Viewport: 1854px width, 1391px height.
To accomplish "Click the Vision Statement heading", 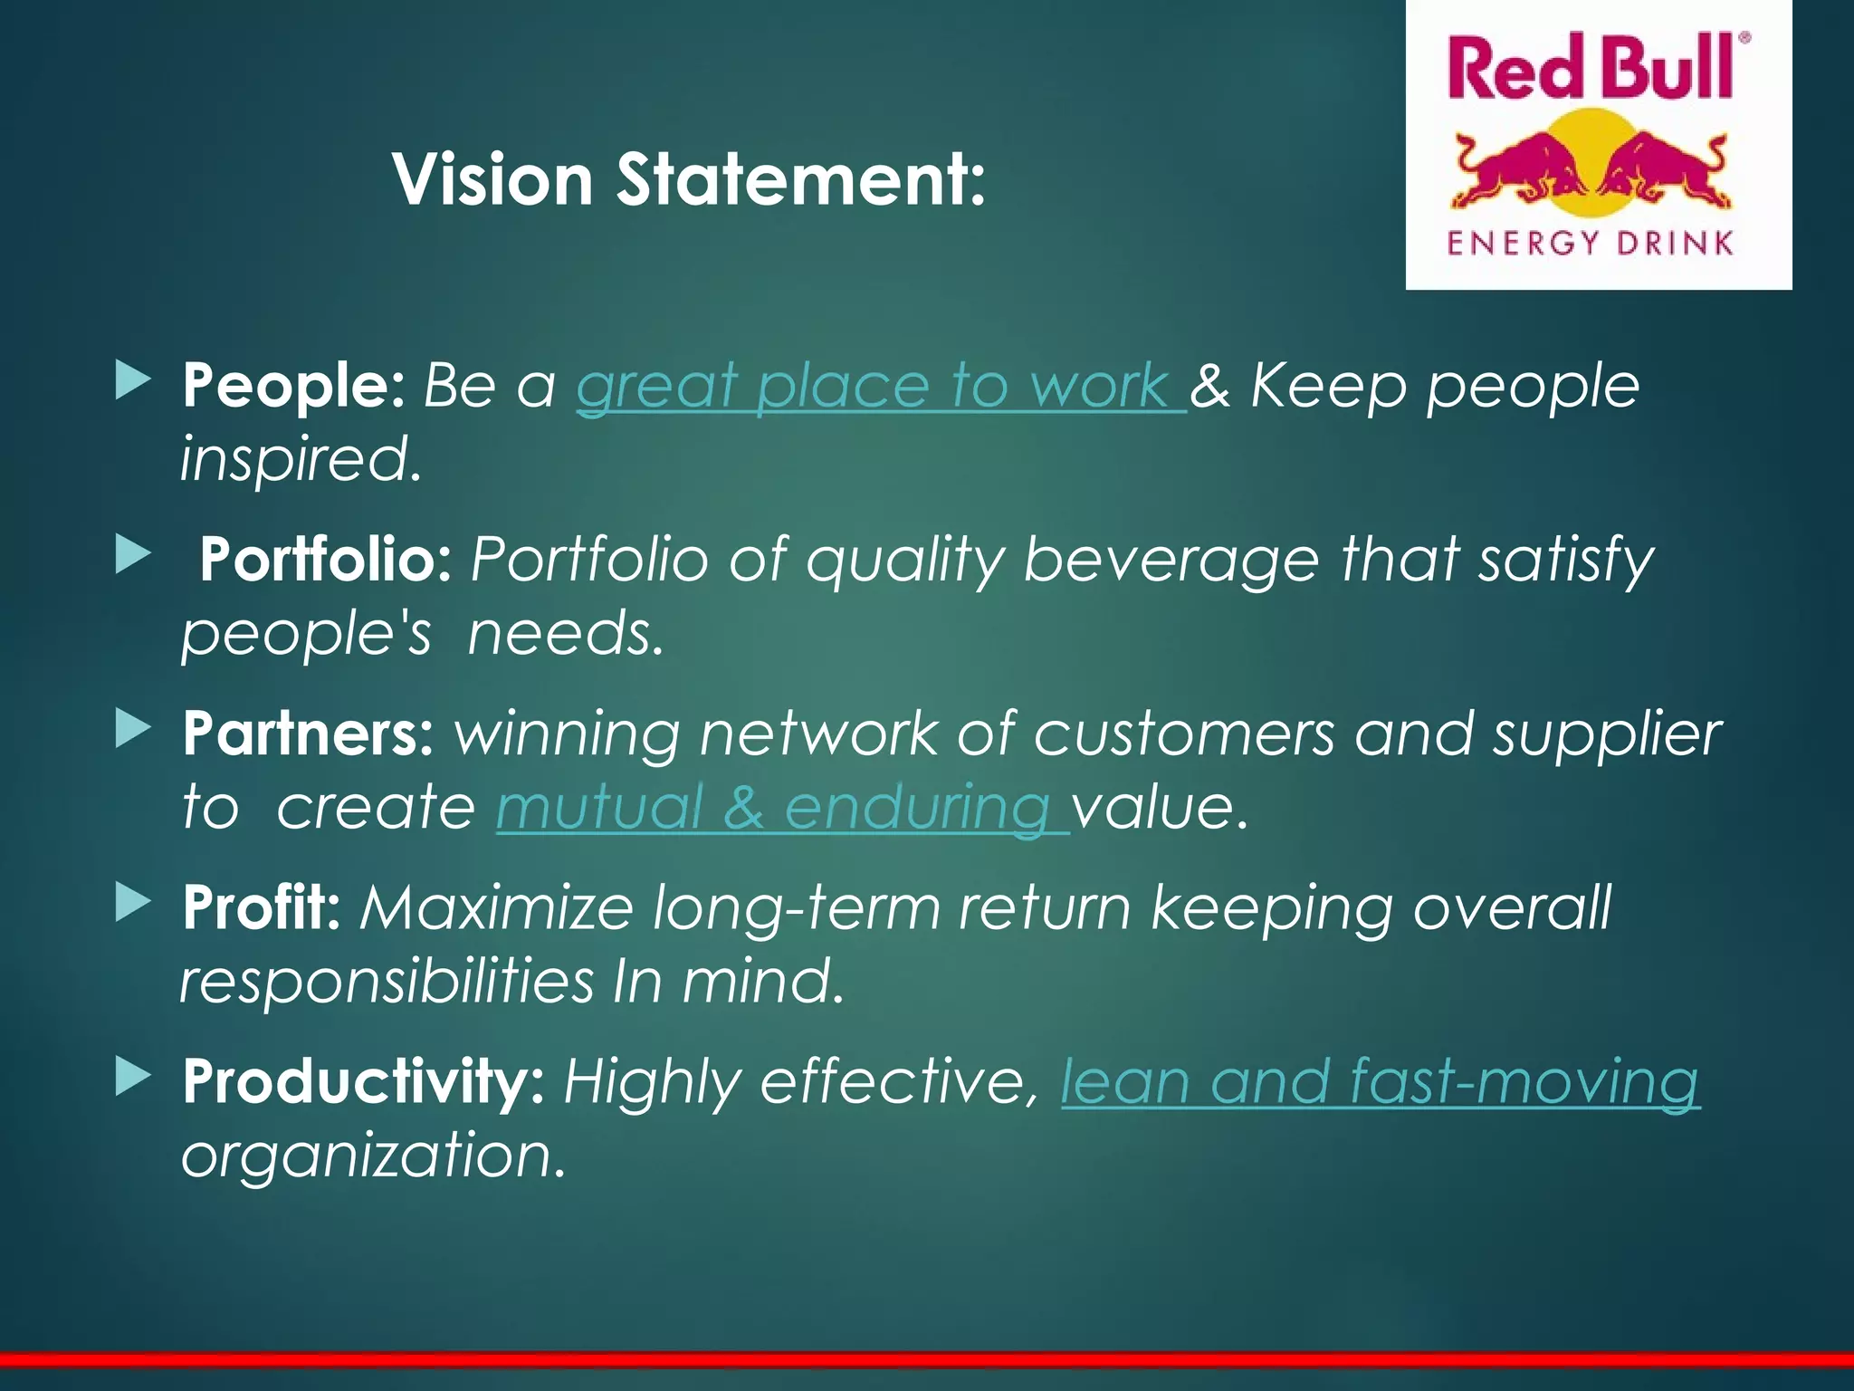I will point(688,179).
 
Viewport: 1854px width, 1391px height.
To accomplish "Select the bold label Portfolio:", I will point(325,559).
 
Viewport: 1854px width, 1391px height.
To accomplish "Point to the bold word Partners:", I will point(308,733).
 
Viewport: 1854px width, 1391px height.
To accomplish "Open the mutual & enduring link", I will point(780,807).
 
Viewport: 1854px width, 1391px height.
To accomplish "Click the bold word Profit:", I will point(261,907).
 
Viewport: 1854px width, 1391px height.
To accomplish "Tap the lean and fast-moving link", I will point(1380,1082).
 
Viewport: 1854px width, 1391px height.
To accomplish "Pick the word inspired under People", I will point(301,459).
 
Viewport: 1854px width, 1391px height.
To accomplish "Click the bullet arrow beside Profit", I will point(133,903).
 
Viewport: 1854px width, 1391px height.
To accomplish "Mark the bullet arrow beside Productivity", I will point(133,1077).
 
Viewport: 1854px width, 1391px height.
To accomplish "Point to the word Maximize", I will point(496,907).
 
